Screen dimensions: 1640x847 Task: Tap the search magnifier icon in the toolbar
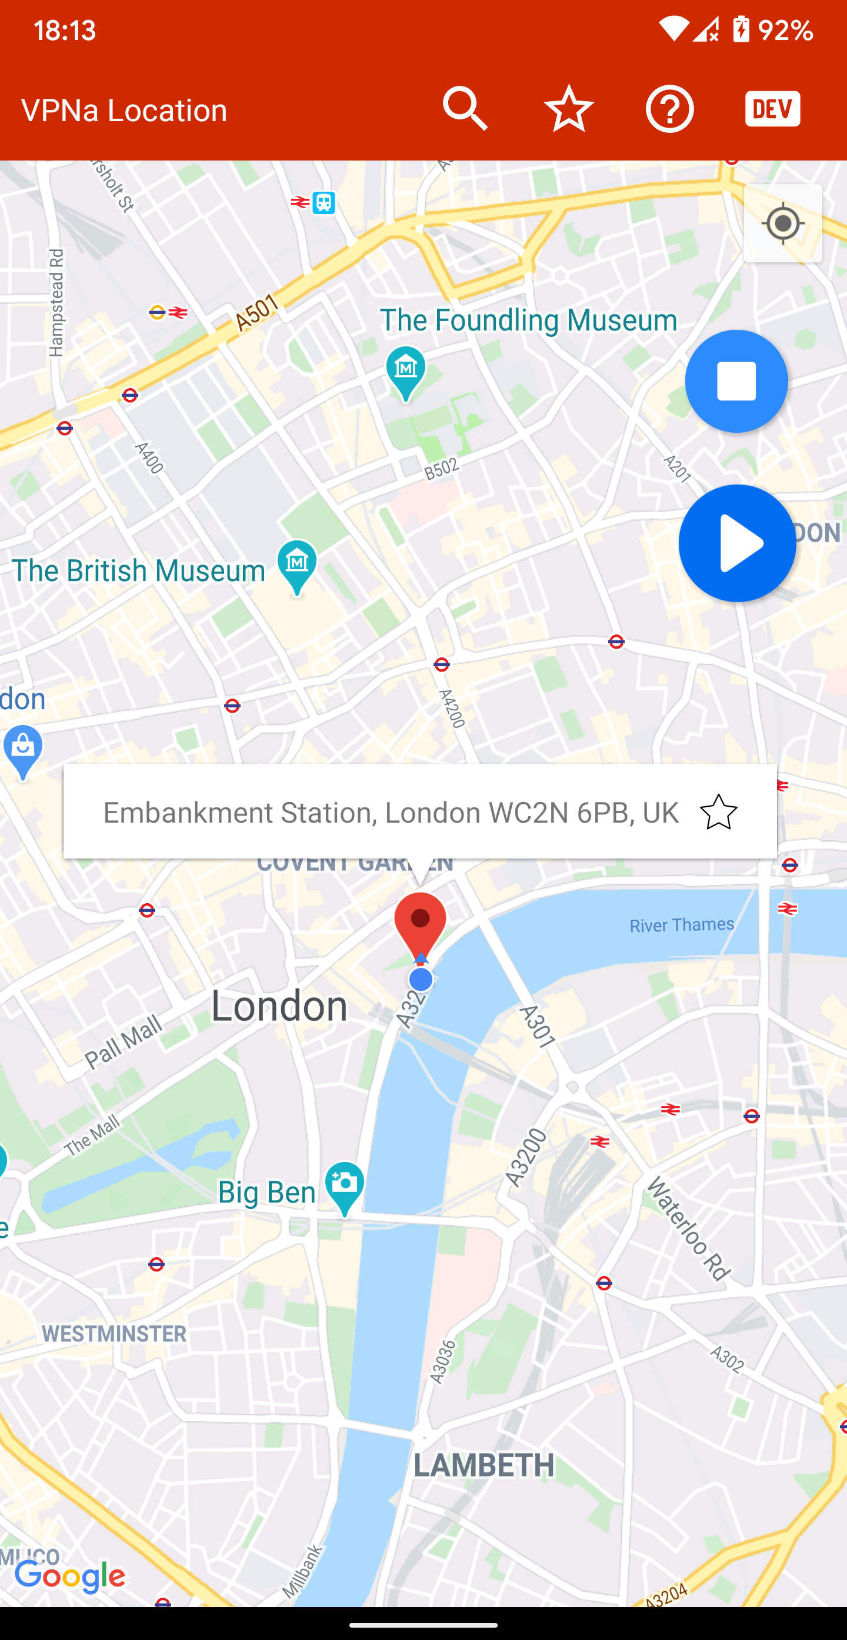click(x=465, y=109)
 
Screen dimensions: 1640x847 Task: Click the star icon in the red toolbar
click(x=568, y=109)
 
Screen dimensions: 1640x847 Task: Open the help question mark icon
click(x=669, y=109)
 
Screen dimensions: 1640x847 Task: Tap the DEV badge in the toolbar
click(x=772, y=109)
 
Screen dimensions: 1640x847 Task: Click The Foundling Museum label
click(x=528, y=320)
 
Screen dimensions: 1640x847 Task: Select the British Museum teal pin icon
click(x=297, y=565)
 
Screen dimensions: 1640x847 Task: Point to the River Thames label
click(x=681, y=924)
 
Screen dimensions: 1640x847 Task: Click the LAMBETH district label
click(x=484, y=1465)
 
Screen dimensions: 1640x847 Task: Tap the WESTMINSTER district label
click(x=114, y=1333)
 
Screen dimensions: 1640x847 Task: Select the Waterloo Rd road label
click(x=688, y=1229)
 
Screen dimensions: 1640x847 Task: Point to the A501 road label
click(x=256, y=313)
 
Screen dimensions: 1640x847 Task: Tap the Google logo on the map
click(x=70, y=1576)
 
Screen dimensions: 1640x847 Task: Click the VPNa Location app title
click(x=124, y=110)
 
